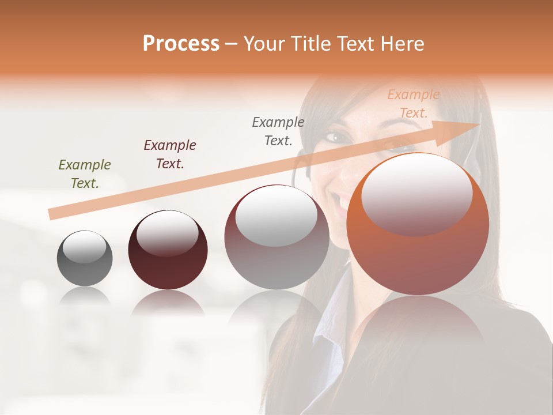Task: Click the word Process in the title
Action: click(x=181, y=43)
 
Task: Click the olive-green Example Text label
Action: click(x=85, y=174)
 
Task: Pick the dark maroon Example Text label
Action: click(x=170, y=154)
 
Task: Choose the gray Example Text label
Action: click(x=278, y=131)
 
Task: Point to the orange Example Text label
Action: click(x=414, y=104)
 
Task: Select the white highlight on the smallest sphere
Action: click(x=85, y=247)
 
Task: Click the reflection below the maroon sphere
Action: click(x=168, y=302)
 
